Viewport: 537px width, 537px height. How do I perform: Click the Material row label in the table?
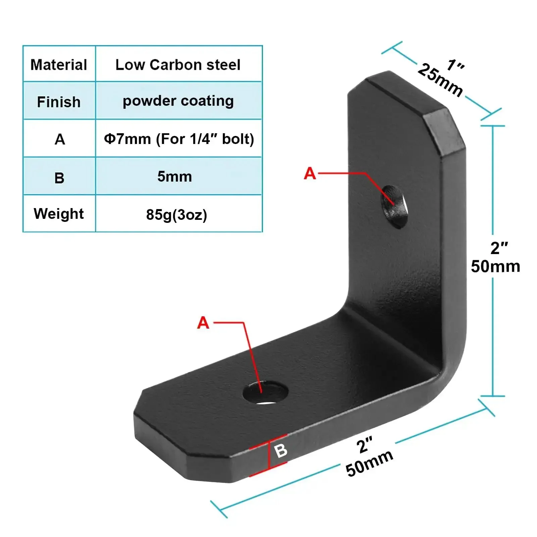(x=59, y=65)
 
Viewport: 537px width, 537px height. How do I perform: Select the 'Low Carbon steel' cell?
(x=178, y=65)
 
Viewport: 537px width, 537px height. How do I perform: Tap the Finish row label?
(x=59, y=102)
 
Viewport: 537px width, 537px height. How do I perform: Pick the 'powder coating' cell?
(x=178, y=101)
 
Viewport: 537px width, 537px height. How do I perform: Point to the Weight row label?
(x=59, y=214)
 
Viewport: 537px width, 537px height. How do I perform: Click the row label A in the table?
(x=60, y=139)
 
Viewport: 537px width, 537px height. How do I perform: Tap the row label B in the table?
(x=59, y=178)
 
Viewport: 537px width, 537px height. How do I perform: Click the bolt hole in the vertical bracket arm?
(x=394, y=206)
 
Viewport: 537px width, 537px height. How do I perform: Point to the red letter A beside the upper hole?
(x=310, y=174)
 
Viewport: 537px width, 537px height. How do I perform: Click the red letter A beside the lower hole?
(x=203, y=323)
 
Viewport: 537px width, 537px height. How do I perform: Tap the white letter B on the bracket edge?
(x=281, y=450)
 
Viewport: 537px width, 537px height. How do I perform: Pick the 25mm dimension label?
(x=440, y=80)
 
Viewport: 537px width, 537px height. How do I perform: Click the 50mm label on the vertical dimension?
(x=495, y=266)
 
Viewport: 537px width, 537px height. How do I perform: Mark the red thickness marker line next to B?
(x=269, y=455)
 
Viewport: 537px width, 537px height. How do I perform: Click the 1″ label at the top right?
(x=455, y=65)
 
